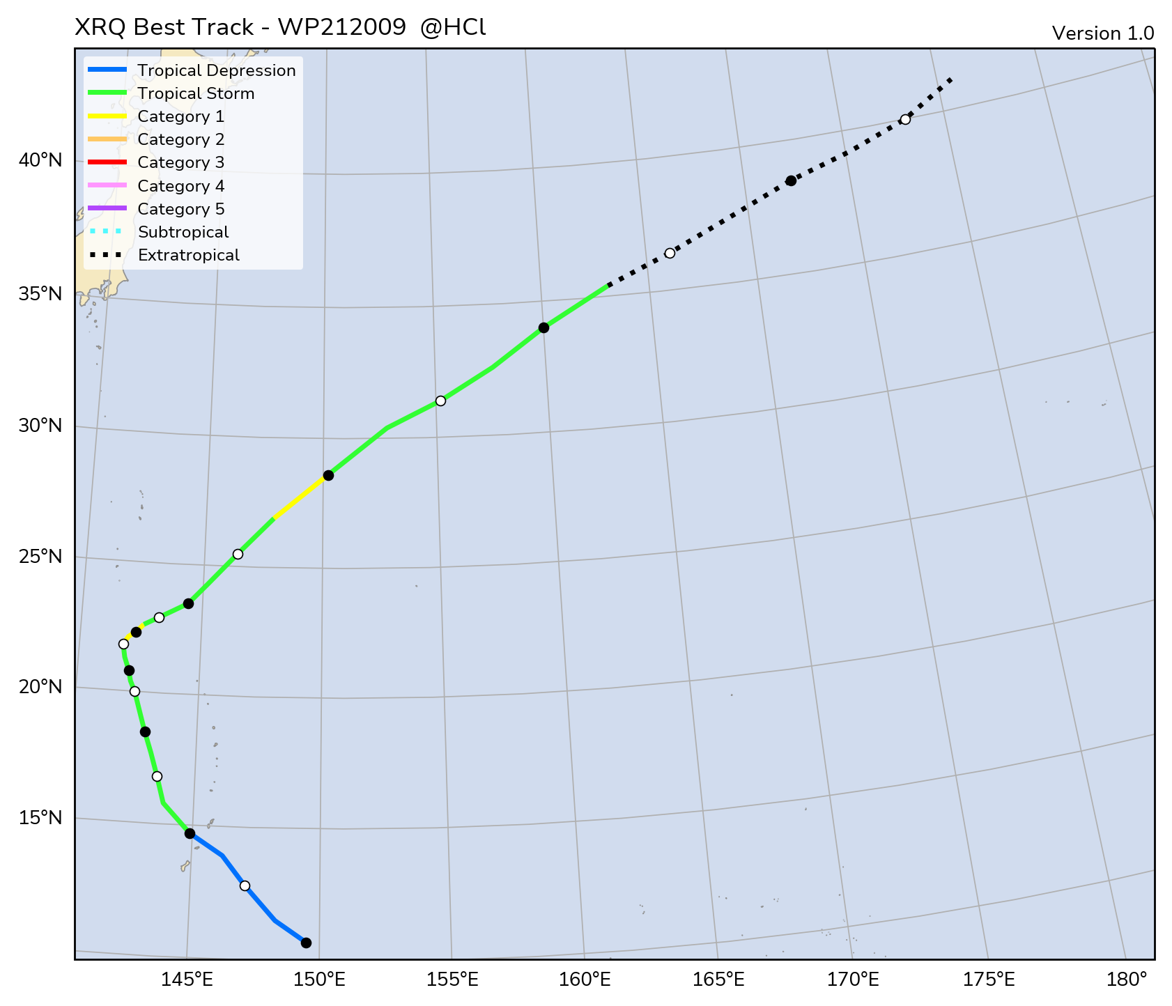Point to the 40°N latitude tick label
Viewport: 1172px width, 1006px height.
tap(40, 160)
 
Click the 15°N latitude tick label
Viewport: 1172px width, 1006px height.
tap(40, 817)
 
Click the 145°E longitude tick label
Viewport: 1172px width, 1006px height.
tap(187, 980)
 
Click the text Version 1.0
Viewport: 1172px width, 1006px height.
tap(1102, 33)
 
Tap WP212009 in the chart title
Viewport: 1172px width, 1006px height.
tap(341, 27)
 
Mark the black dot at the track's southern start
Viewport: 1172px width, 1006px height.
tap(306, 943)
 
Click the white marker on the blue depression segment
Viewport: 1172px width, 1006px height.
tap(245, 885)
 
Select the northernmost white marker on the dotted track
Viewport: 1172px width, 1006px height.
tap(905, 119)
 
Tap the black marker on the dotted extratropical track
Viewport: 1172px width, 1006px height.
tap(791, 180)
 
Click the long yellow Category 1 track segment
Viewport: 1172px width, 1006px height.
tap(300, 497)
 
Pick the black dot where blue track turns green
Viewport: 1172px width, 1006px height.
tap(190, 833)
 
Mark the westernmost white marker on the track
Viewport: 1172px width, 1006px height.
tap(123, 644)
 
